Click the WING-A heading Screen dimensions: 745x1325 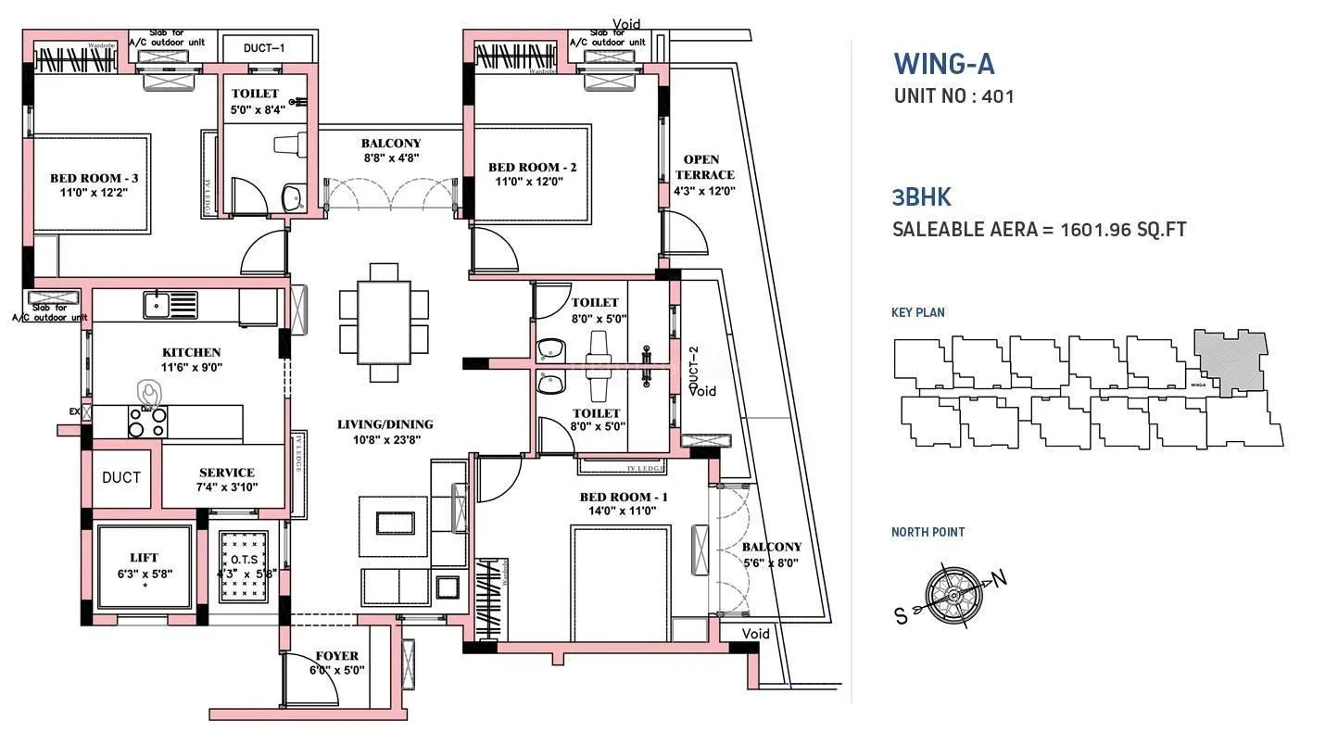tap(943, 64)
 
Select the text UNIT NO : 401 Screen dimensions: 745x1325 tap(953, 95)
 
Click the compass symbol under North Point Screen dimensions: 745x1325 tap(953, 590)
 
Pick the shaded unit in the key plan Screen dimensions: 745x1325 tap(1229, 361)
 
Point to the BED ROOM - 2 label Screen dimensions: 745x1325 tap(532, 168)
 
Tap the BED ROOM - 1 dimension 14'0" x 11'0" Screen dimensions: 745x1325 tap(624, 511)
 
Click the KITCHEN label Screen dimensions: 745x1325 tap(191, 352)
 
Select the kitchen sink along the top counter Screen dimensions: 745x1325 tap(170, 303)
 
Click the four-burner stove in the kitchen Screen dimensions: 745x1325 tap(146, 423)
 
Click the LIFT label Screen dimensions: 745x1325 tap(144, 558)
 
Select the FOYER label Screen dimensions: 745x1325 tap(336, 656)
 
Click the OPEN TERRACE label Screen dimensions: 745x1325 tap(704, 167)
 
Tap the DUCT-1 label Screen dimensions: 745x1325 tap(264, 47)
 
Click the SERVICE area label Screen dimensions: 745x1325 tap(226, 473)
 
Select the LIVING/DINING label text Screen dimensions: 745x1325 tap(385, 424)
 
